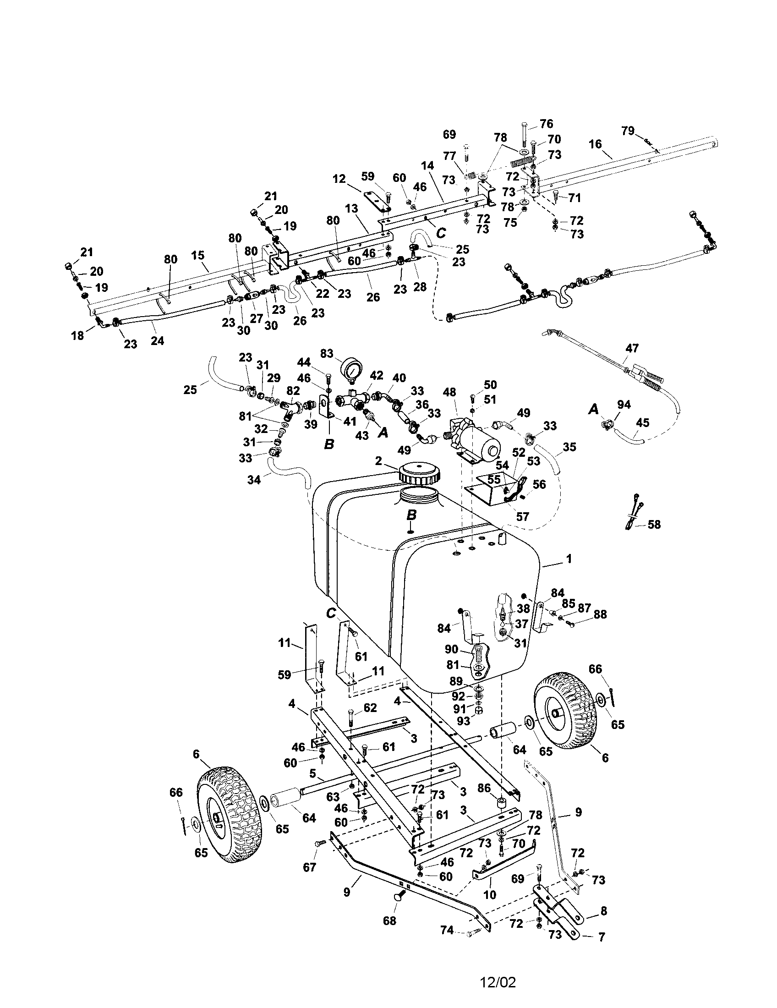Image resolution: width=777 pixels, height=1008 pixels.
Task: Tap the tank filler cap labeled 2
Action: click(419, 473)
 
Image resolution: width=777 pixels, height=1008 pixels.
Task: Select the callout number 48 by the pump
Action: click(449, 392)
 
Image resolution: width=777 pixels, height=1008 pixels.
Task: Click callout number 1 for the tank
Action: click(569, 559)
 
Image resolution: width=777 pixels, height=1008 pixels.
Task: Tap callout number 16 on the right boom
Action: click(595, 144)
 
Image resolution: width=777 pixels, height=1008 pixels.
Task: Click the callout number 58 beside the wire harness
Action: click(654, 524)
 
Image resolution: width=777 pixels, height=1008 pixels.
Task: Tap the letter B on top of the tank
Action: click(411, 515)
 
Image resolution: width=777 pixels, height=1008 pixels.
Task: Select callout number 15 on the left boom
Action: click(197, 255)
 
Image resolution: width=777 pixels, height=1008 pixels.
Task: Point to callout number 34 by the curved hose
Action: click(254, 480)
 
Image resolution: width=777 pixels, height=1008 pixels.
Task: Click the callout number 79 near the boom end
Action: click(628, 131)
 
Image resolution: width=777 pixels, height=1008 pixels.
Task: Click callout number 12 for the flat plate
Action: click(339, 179)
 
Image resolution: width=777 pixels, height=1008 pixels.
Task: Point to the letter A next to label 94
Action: click(594, 409)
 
